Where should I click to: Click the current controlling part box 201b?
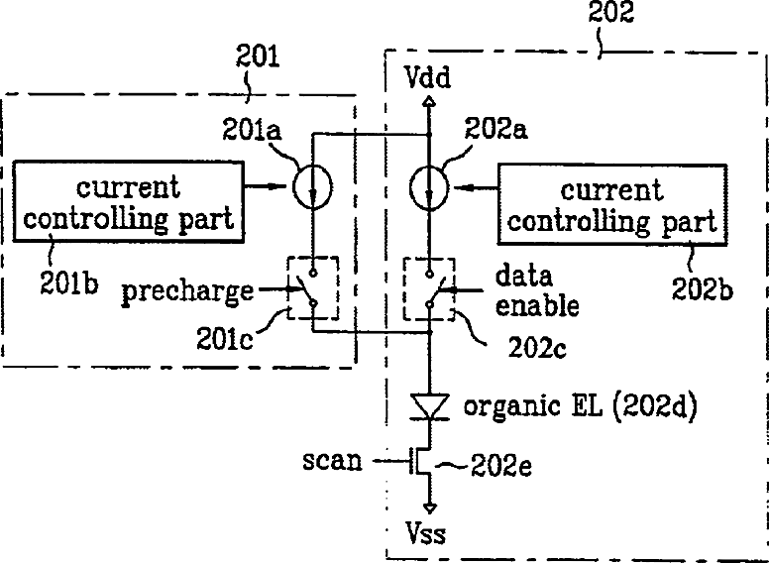[129, 204]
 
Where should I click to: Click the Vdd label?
[427, 76]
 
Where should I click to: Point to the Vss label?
[428, 536]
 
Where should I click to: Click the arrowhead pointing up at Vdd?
[428, 100]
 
